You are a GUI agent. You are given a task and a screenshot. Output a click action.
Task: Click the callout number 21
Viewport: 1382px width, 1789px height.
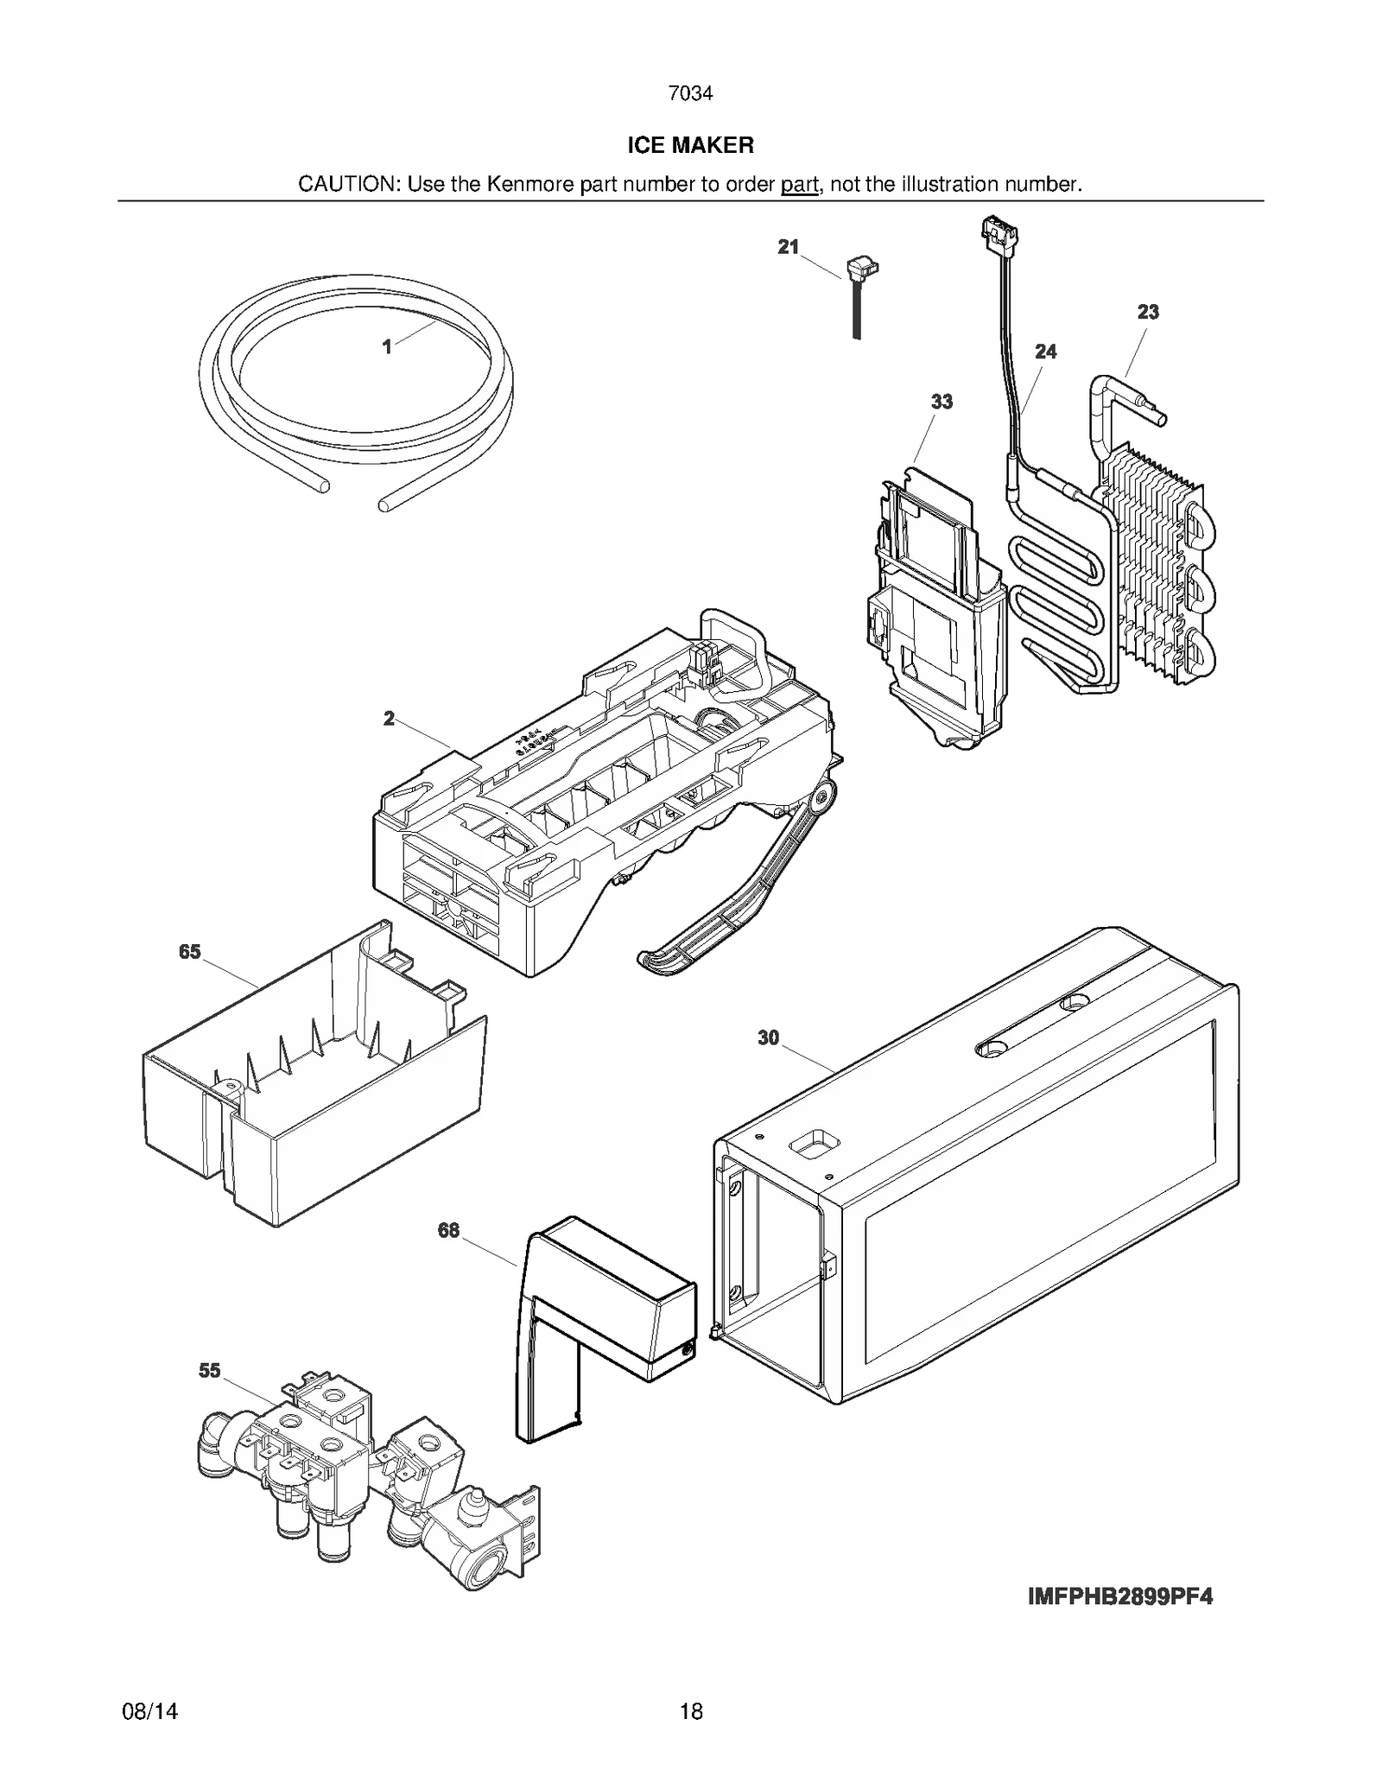pos(788,247)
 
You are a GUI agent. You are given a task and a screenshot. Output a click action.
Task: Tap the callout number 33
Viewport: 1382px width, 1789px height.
pos(941,402)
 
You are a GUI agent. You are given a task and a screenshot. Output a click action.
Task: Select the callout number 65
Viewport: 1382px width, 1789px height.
pos(189,952)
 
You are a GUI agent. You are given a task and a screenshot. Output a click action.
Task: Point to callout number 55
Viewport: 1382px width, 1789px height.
pos(209,1371)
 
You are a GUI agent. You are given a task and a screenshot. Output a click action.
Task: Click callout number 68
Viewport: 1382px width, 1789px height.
pos(448,1230)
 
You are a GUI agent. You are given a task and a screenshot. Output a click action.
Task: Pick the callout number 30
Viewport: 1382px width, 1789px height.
pos(768,1038)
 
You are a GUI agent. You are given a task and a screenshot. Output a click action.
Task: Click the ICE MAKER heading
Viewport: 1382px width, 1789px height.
pos(690,145)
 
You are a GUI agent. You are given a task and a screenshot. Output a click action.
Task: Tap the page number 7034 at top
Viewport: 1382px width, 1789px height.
pos(690,93)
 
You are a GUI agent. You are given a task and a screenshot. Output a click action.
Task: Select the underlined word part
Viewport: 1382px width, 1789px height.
pos(799,184)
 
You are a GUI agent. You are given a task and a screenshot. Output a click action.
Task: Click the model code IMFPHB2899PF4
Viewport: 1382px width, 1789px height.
pos(1119,1597)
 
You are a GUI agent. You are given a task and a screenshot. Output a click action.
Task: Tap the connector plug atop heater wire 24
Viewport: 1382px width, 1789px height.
pos(999,233)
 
